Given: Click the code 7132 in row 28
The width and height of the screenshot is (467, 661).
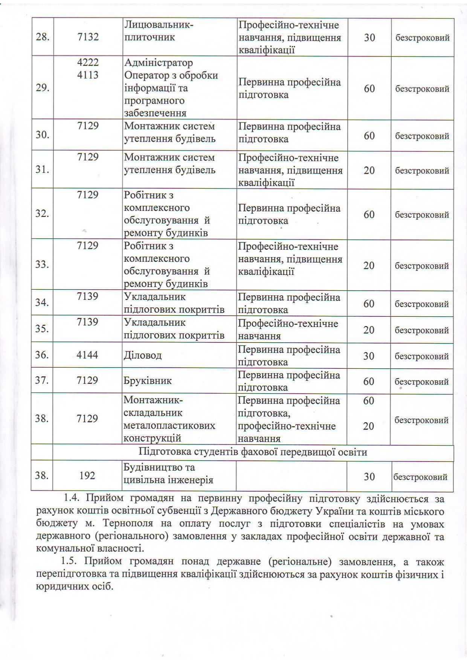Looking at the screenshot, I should point(88,37).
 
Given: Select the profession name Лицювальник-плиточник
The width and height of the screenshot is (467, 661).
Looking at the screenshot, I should point(159,31).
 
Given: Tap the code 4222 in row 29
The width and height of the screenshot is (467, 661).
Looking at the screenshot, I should point(88,62).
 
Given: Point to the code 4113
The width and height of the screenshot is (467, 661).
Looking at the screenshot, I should point(88,75).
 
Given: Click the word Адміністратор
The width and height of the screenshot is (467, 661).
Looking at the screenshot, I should point(159,63).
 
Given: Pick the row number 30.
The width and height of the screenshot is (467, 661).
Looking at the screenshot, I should point(43,134).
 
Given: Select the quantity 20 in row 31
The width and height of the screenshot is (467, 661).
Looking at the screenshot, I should point(369,170).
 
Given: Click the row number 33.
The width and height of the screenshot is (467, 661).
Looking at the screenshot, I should point(42,264).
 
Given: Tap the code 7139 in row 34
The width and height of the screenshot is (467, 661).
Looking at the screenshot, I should point(87,296).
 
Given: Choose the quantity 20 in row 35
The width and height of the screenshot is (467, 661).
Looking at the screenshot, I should point(369,330).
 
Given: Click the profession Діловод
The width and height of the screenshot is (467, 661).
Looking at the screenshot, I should point(142,355).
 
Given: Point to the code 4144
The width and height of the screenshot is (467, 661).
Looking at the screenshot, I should point(87,355).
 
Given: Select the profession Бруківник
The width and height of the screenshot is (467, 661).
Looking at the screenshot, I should point(148,380).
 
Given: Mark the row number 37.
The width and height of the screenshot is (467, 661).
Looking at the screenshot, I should point(42,380).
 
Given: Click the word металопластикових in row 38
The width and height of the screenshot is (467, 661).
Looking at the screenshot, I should point(169,426).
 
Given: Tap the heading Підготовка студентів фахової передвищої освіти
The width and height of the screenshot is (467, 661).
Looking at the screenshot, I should point(253,452).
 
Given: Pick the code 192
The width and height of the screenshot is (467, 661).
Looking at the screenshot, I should point(87,476).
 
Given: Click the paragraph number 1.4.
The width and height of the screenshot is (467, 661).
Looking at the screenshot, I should point(72,498).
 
